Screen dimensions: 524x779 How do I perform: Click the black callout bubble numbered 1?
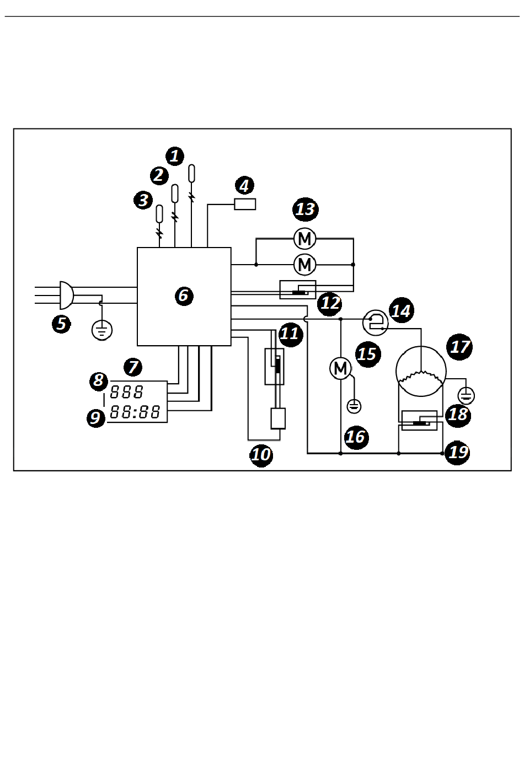coord(175,156)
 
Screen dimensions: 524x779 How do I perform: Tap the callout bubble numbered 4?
coord(244,185)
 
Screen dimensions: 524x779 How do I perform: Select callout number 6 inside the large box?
coord(184,296)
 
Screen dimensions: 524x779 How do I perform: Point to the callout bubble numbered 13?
coord(306,209)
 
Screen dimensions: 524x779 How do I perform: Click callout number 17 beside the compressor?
coord(459,347)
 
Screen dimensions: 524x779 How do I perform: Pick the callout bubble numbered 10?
coord(261,454)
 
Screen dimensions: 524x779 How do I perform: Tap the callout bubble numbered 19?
coord(458,452)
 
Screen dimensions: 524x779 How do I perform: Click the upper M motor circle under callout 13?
coord(305,239)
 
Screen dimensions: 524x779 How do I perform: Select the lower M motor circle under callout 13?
coord(305,265)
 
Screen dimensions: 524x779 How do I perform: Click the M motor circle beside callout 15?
coord(341,368)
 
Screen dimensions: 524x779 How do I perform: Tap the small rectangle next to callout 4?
coord(245,204)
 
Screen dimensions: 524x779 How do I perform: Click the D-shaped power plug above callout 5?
coord(66,296)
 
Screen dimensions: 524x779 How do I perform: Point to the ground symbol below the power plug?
coord(102,330)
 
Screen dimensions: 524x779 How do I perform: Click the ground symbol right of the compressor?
coord(466,396)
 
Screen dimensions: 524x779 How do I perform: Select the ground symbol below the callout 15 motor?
coord(354,406)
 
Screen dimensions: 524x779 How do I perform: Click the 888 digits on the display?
coord(126,393)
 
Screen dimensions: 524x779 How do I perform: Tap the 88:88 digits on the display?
coord(135,412)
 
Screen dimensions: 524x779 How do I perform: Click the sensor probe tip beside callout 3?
coord(159,214)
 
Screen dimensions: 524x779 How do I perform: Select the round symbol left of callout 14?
coord(376,323)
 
